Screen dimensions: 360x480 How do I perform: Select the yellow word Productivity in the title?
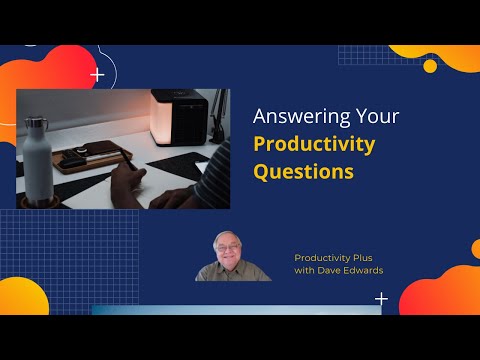click(314, 144)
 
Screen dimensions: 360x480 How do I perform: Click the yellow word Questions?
click(303, 171)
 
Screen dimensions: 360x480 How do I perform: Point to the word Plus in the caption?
click(362, 257)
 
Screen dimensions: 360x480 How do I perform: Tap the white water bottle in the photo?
click(43, 165)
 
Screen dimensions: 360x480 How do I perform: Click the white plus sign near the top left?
click(97, 74)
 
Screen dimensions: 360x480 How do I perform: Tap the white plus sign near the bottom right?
click(381, 299)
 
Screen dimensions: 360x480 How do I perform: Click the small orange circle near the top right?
click(430, 66)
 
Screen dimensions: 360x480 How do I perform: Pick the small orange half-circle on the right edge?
click(475, 247)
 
